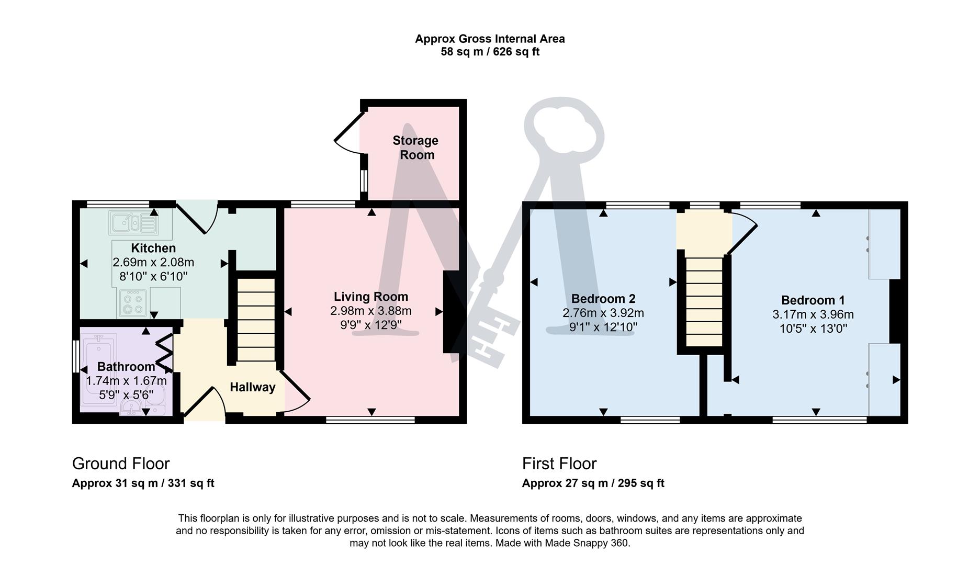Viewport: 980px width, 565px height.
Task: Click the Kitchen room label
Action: (x=153, y=248)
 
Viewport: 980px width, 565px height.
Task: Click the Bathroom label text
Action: (x=126, y=367)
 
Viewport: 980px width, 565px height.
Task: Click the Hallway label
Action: (x=252, y=387)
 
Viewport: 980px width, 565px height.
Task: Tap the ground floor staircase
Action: (x=256, y=320)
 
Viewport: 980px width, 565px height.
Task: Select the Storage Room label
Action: (x=416, y=148)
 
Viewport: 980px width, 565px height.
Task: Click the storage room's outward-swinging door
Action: (x=348, y=134)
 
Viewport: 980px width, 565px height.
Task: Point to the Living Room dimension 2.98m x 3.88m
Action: (x=370, y=311)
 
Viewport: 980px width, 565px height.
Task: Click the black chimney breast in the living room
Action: (x=450, y=312)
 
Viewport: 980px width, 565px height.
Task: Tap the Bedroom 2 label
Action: (x=603, y=299)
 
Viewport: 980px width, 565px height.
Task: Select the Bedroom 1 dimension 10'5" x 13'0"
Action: (x=813, y=329)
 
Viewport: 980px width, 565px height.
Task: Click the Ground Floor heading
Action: (x=121, y=464)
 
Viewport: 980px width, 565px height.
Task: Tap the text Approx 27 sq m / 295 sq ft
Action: (x=593, y=483)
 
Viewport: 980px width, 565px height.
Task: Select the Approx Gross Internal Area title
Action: (x=490, y=39)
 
